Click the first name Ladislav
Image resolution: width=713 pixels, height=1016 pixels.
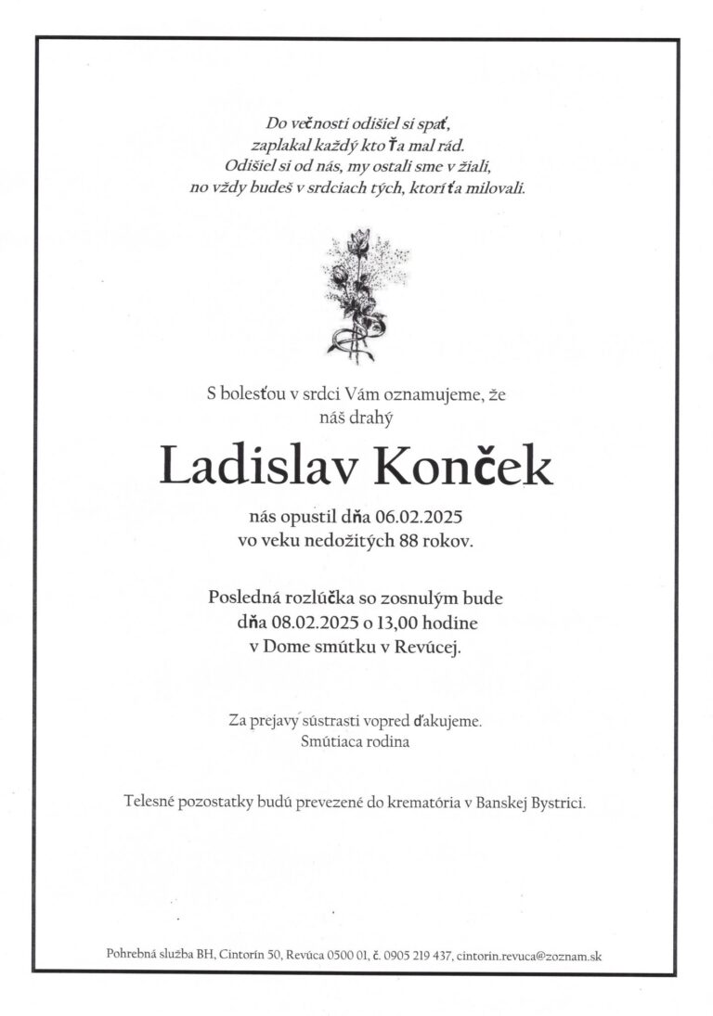(x=259, y=466)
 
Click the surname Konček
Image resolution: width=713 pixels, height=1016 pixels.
(x=461, y=466)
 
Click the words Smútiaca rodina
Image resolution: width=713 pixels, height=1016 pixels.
(x=355, y=742)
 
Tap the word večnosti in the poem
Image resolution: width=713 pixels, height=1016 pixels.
(x=321, y=123)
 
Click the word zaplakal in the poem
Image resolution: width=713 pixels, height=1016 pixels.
(x=281, y=145)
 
